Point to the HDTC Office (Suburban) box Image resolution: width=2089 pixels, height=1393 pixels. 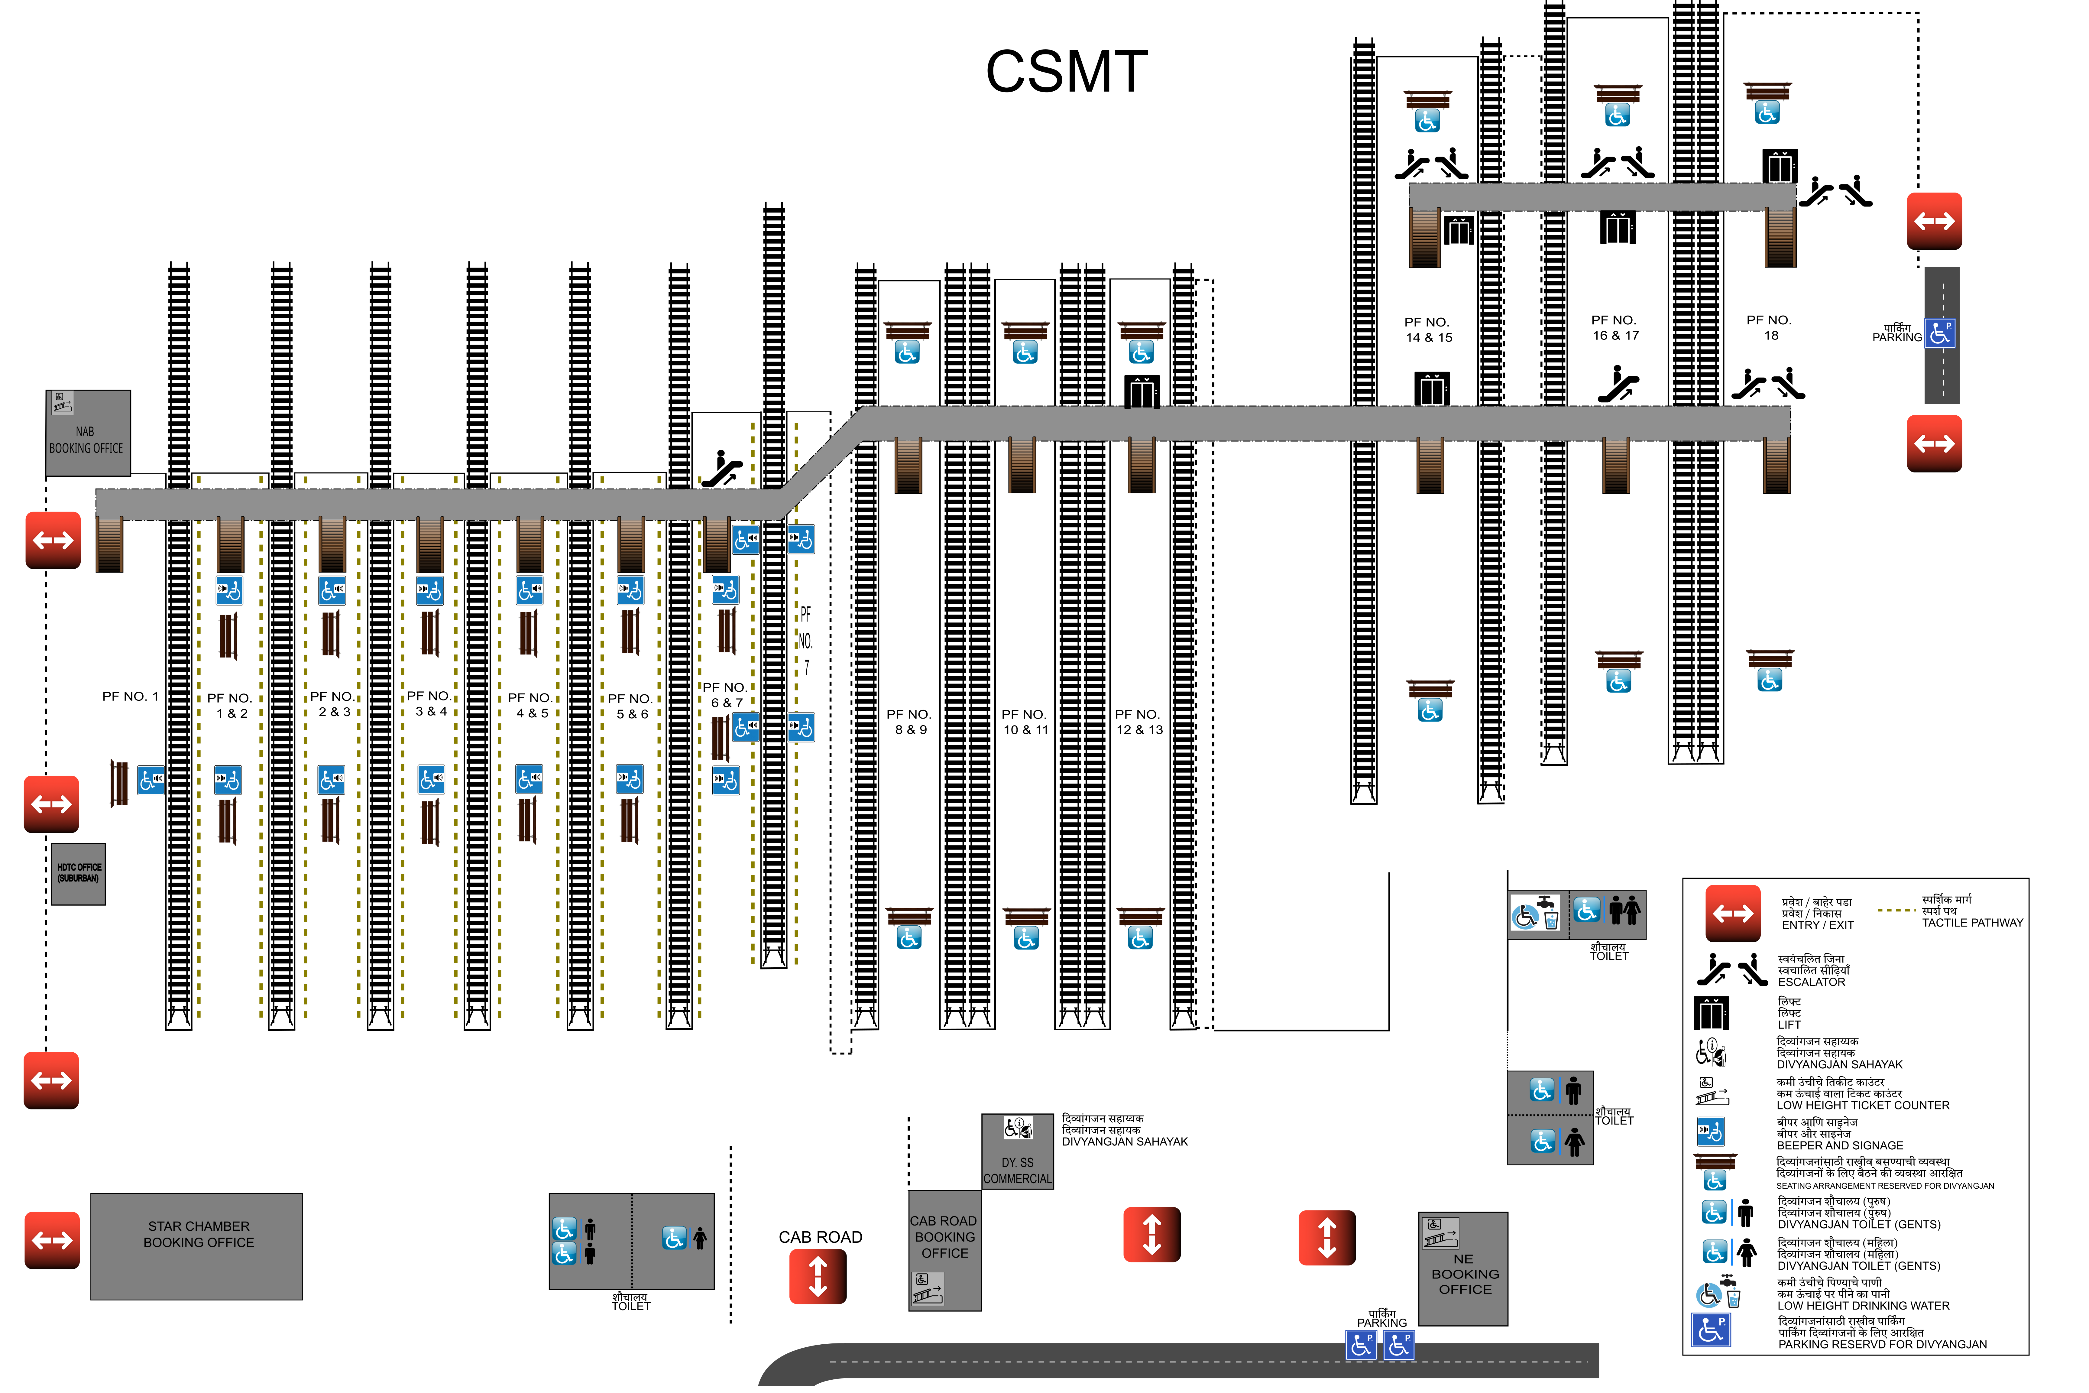tap(78, 874)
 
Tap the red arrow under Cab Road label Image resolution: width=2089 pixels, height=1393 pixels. tap(818, 1277)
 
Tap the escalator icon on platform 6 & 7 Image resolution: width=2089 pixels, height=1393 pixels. tap(722, 469)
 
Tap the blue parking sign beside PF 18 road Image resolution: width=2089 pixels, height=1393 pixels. tap(1941, 333)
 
